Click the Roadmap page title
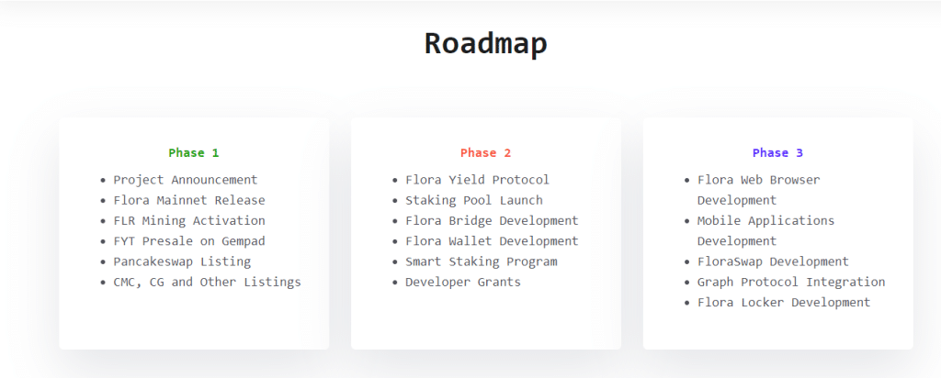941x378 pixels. coord(485,44)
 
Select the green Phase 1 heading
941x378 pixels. coord(194,153)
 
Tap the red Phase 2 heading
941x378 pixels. coord(485,153)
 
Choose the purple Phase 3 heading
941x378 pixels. coord(777,153)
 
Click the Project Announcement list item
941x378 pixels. coord(185,180)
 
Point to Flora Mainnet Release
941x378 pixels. coord(188,200)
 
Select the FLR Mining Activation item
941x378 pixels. coord(188,221)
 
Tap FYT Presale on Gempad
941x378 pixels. coord(188,241)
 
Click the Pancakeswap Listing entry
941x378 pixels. coord(181,261)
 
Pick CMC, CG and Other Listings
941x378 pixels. coord(207,282)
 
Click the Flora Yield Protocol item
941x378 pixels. coord(477,180)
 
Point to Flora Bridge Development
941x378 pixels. coord(492,221)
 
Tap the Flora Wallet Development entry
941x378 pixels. coord(492,241)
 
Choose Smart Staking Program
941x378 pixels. coord(481,261)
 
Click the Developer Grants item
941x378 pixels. coord(462,282)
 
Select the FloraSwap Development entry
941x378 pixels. coord(773,261)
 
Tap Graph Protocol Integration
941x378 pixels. coord(791,282)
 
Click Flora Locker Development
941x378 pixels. coord(783,302)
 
